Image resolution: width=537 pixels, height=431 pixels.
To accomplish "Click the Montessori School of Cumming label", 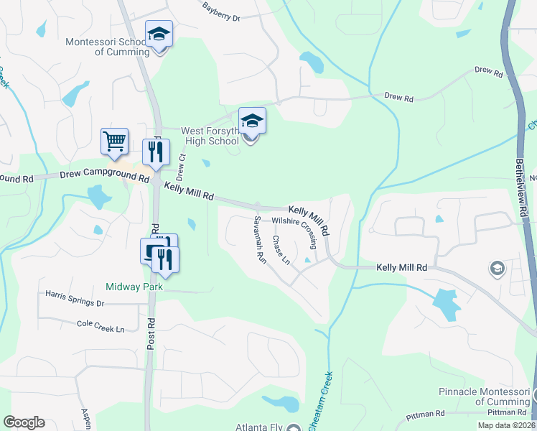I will [106, 47].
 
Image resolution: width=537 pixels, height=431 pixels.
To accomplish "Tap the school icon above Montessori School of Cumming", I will [159, 34].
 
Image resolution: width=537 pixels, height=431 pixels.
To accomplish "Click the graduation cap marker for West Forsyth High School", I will [251, 121].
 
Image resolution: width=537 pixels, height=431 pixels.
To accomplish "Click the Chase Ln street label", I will [281, 249].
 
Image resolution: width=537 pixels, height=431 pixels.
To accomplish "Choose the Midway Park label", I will [134, 287].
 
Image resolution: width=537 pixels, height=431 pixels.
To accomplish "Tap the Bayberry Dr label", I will [221, 10].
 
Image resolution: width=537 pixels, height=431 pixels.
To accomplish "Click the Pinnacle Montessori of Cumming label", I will [484, 397].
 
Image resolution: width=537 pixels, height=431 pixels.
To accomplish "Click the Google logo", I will [24, 422].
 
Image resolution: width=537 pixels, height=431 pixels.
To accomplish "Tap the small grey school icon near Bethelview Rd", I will [496, 269].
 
